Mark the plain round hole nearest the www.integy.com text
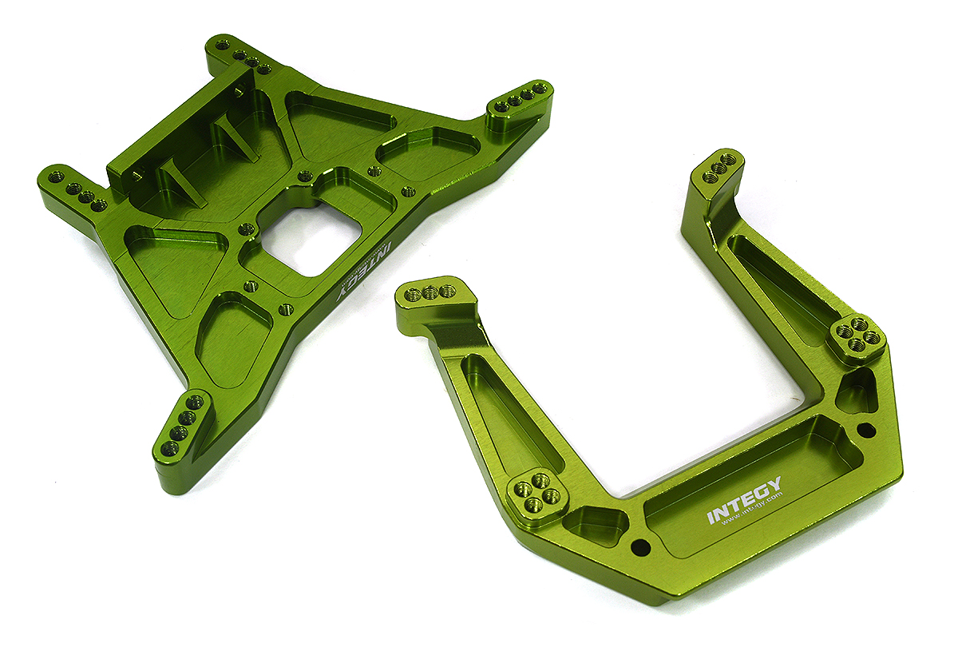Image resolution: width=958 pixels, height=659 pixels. coord(639,548)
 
